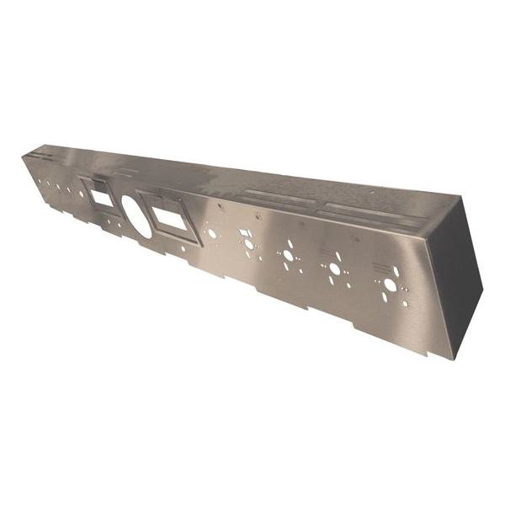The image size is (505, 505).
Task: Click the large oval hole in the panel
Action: click(x=138, y=215)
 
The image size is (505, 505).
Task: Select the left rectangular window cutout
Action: click(x=101, y=199)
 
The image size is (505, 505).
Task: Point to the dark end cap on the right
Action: click(x=460, y=278)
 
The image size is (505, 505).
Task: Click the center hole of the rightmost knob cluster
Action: click(x=390, y=285)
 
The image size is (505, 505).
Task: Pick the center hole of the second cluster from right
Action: click(x=335, y=268)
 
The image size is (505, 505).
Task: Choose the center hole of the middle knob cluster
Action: click(x=289, y=255)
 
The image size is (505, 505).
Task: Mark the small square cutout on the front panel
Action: click(x=247, y=233)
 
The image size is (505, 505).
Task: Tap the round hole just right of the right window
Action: click(x=212, y=233)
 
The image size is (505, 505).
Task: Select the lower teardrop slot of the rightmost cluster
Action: click(x=385, y=299)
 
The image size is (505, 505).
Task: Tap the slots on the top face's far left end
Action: click(x=42, y=156)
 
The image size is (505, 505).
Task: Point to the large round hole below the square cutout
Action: click(x=248, y=244)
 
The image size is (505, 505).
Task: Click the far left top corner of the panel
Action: click(x=23, y=155)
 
